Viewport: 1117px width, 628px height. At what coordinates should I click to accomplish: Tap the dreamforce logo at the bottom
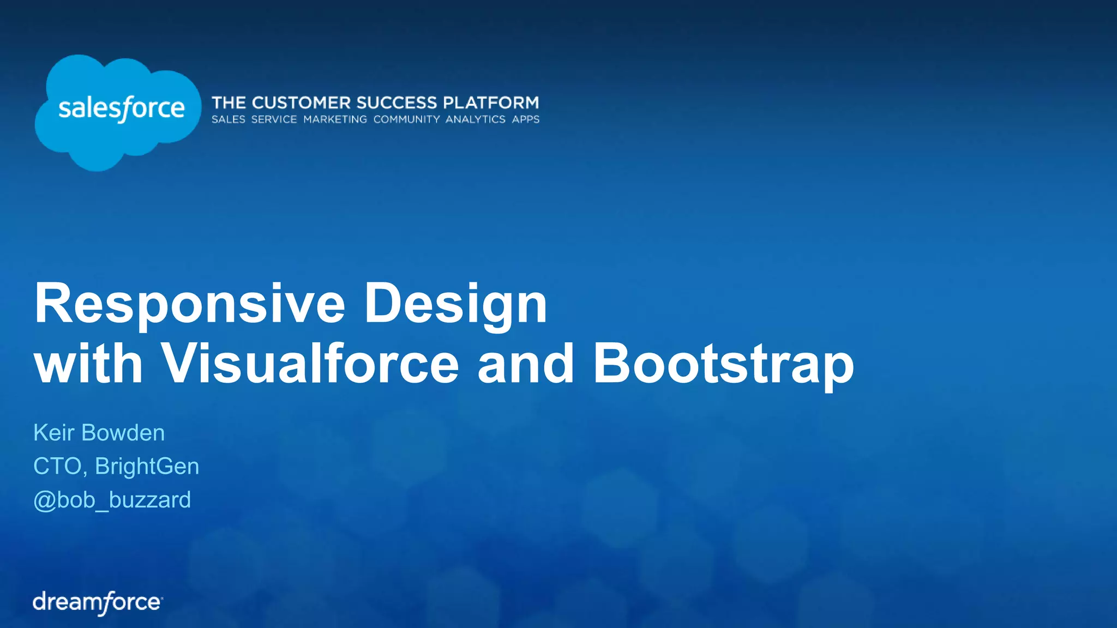98,602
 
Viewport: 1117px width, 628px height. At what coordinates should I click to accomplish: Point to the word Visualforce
309,364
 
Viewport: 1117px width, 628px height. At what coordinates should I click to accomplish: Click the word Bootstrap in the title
723,364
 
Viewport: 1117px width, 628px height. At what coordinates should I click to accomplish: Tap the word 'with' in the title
88,364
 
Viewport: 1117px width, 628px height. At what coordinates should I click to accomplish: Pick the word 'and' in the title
525,364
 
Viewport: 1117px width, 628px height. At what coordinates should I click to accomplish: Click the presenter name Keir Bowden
99,433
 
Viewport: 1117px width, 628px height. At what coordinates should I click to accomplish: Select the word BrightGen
147,467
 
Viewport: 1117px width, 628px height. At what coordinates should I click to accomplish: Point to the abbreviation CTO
57,467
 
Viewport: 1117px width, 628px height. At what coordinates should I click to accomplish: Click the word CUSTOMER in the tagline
301,102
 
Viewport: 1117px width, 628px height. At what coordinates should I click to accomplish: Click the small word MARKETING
335,119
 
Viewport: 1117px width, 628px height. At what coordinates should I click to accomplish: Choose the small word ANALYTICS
475,119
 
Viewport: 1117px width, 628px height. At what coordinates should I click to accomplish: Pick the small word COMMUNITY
406,119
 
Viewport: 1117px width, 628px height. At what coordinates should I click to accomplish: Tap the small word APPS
525,119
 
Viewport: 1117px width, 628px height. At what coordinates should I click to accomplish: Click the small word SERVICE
274,119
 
